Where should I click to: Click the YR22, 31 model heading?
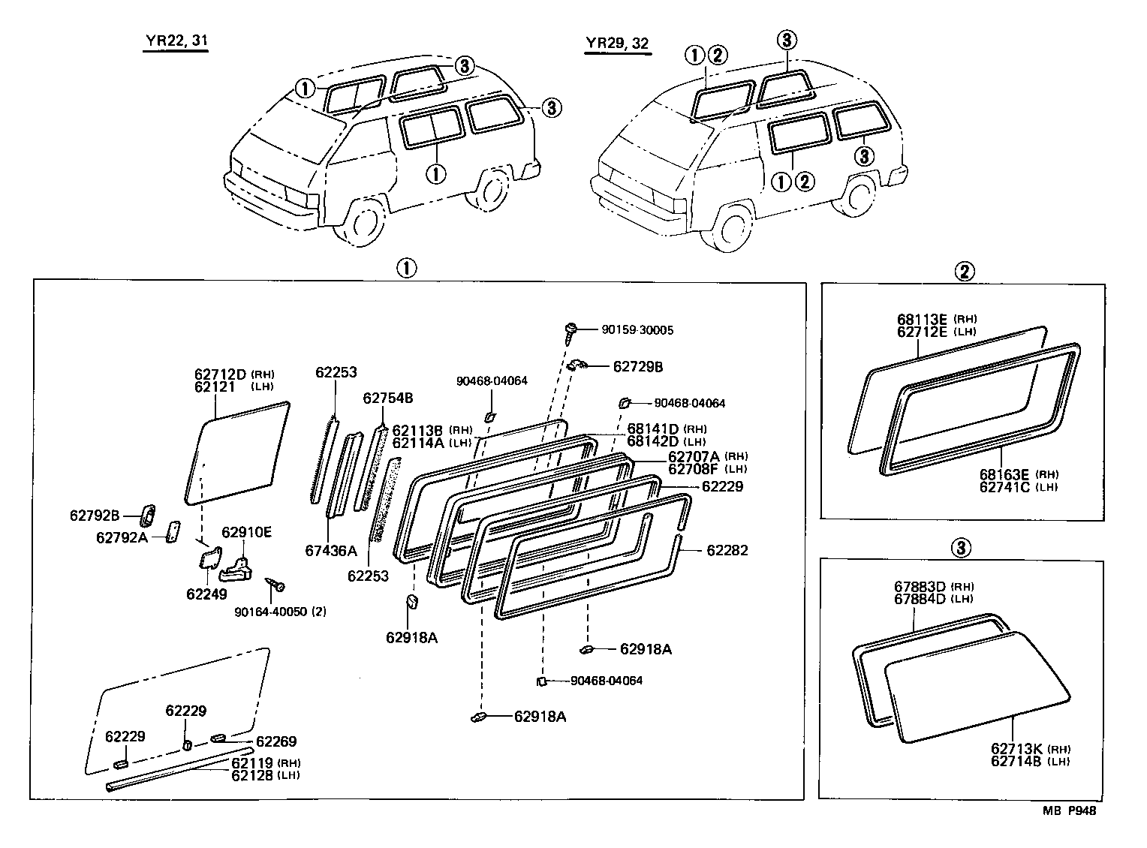[175, 42]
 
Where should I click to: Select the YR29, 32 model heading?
[617, 44]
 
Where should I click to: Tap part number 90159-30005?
[637, 329]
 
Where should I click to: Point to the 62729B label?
[638, 366]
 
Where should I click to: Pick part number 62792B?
[95, 515]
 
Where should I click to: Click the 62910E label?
[246, 533]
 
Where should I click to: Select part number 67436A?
[331, 551]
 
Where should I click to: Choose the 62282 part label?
[727, 550]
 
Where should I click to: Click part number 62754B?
[387, 398]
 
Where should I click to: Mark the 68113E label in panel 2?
[923, 319]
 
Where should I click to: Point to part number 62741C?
[1004, 487]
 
